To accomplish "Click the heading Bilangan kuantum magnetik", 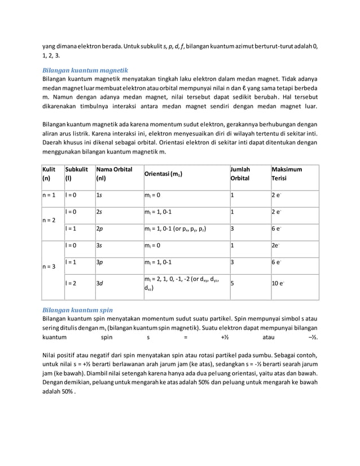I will pos(86,70).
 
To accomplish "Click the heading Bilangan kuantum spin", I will pos(78,310).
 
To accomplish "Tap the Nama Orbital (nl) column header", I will pos(110,174).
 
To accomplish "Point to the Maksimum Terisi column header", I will pos(287,174).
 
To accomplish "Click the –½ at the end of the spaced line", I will pos(312,337).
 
